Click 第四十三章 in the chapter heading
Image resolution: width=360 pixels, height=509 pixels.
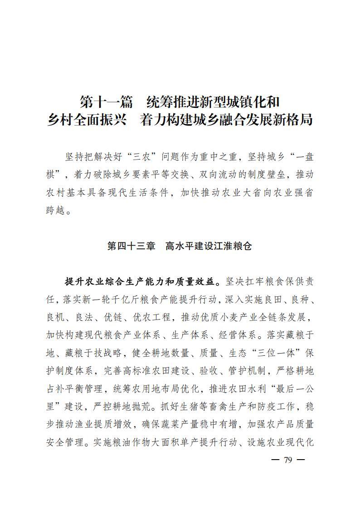pos(131,246)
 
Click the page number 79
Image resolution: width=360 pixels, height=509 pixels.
pos(288,460)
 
